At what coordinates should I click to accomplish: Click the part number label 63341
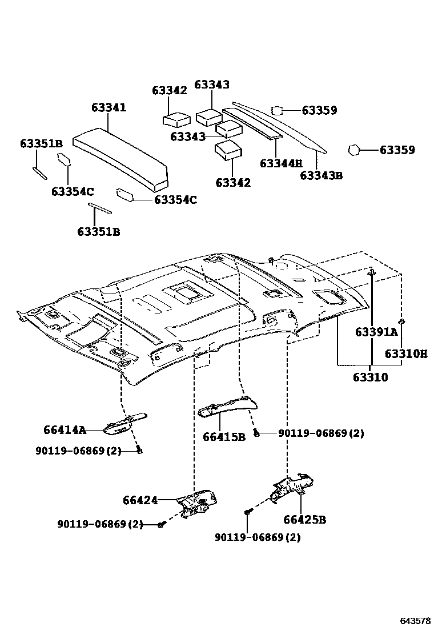point(108,108)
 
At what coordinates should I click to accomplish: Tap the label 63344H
point(280,163)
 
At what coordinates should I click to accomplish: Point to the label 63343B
point(321,175)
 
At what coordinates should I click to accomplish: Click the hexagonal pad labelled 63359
point(353,150)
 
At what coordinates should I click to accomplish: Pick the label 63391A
point(376,332)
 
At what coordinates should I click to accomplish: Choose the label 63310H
point(405,354)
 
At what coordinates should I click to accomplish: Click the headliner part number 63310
point(370,377)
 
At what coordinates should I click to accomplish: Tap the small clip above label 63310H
point(401,323)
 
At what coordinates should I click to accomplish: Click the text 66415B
point(224,437)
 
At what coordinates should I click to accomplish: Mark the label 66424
point(140,500)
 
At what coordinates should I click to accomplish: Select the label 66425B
point(304,520)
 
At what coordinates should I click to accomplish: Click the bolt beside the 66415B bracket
point(256,434)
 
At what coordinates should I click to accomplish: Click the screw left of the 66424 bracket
point(162,524)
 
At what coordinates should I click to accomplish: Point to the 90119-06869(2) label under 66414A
point(78,451)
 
